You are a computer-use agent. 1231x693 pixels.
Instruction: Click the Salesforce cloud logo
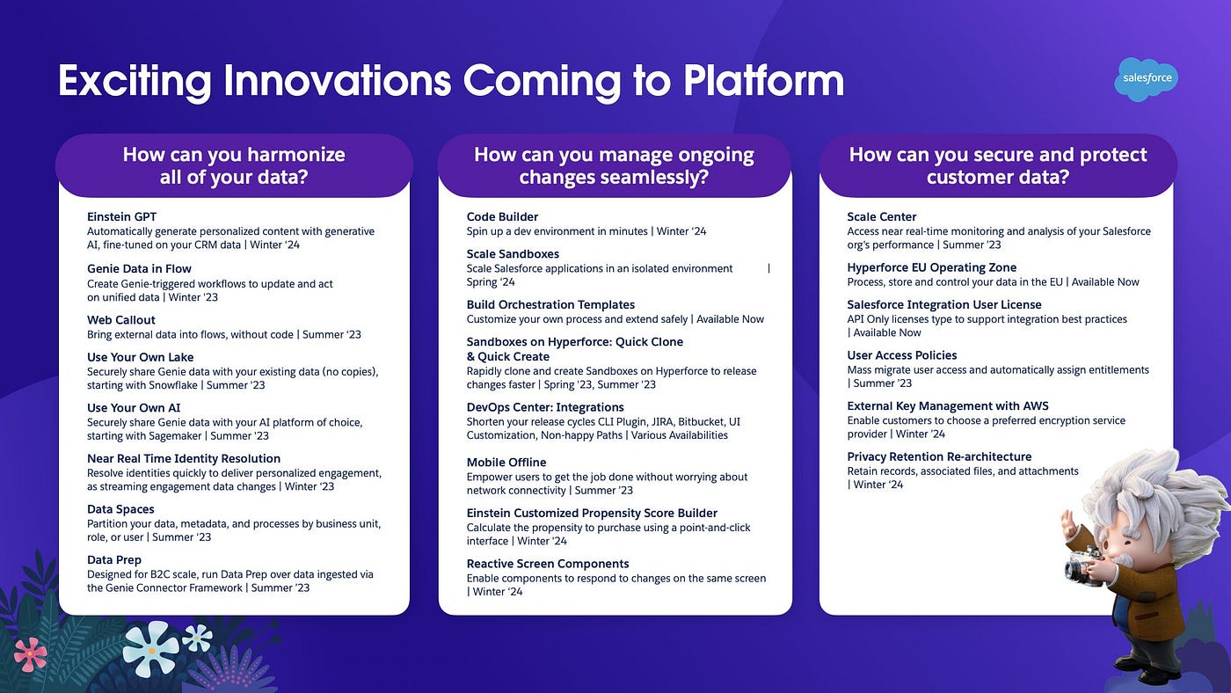point(1147,79)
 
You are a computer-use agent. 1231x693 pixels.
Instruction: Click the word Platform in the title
point(763,81)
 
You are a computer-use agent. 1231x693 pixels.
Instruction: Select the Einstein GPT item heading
point(121,216)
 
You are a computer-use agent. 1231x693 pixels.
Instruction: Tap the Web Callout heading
point(121,320)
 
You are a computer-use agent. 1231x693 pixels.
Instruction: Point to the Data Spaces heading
point(120,509)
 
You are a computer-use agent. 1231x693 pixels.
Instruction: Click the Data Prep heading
point(113,560)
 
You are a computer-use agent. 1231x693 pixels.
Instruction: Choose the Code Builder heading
point(502,216)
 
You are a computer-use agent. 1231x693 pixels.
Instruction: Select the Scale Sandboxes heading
point(513,254)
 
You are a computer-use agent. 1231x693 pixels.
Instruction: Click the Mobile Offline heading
point(506,463)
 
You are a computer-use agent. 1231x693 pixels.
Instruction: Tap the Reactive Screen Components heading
point(548,564)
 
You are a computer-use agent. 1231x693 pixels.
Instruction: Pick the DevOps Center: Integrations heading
point(545,407)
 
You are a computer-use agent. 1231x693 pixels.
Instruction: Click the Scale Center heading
point(881,216)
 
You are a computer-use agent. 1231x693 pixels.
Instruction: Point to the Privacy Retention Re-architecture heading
point(939,456)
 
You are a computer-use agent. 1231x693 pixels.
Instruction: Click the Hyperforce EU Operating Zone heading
point(931,267)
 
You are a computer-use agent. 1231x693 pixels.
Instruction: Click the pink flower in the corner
point(30,654)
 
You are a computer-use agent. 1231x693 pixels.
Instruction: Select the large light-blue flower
point(150,649)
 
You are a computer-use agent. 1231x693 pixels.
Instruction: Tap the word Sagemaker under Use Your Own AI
point(175,436)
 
